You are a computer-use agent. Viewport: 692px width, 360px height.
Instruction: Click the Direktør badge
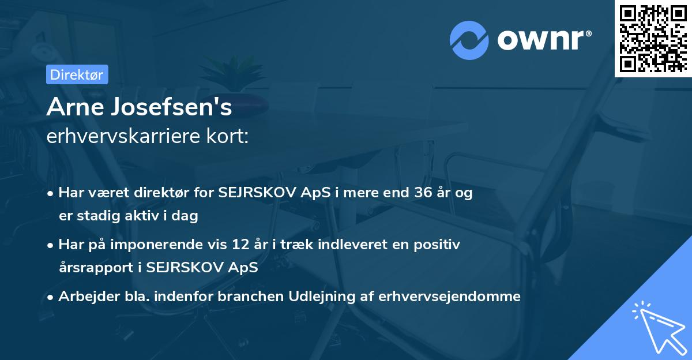click(x=77, y=74)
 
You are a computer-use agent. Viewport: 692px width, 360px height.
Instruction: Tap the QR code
click(x=653, y=38)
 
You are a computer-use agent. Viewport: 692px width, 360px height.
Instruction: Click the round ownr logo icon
click(x=469, y=40)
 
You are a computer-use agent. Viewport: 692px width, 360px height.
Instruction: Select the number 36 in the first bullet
click(x=418, y=193)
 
